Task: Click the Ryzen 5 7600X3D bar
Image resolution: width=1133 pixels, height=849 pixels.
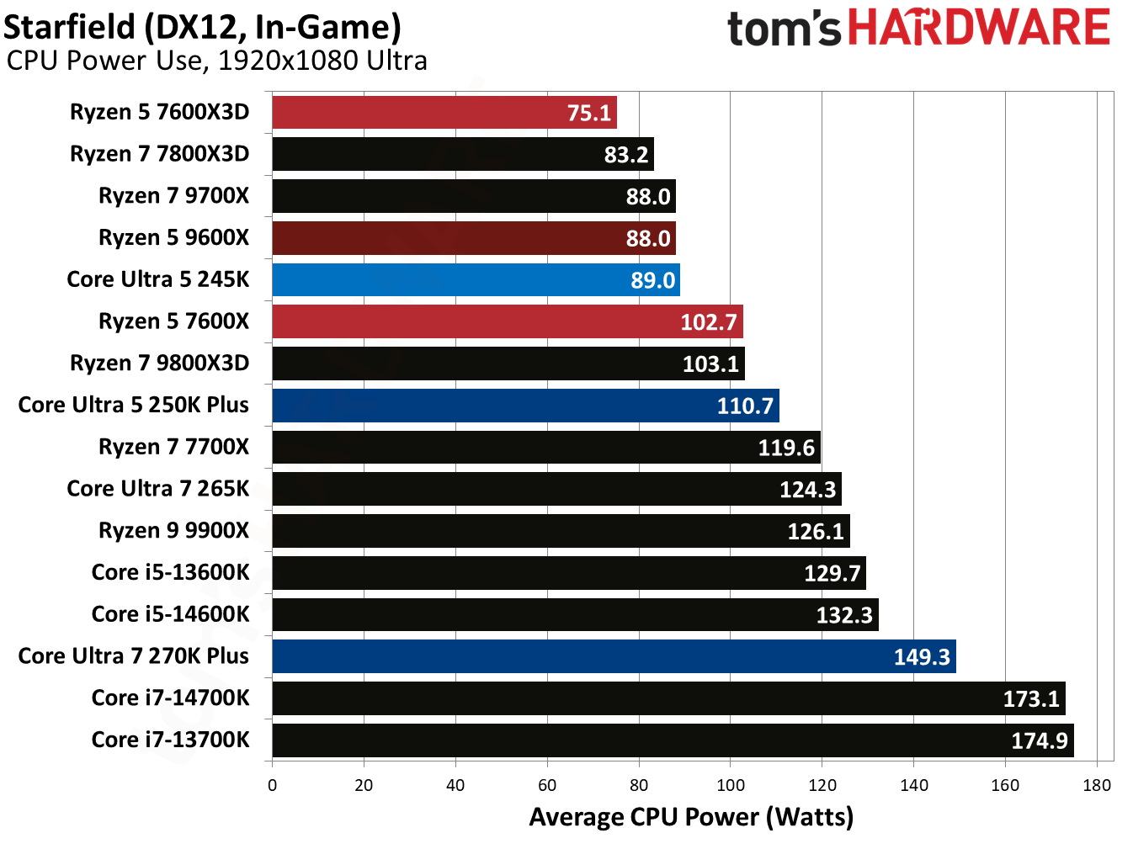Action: coord(444,112)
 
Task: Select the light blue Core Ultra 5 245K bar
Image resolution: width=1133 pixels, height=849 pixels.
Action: coord(476,279)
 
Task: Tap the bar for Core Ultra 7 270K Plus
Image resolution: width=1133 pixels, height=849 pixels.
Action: coord(614,656)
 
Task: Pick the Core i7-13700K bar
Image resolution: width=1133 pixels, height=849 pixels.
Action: coord(673,740)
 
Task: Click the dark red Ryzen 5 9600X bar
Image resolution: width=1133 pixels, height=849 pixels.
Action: coord(473,238)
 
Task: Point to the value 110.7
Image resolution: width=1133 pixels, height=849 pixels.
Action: coord(744,406)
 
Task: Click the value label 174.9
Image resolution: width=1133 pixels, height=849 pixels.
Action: coord(1039,741)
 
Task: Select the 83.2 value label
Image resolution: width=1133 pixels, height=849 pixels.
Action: coord(626,155)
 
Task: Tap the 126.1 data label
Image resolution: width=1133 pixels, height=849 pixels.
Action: coord(815,532)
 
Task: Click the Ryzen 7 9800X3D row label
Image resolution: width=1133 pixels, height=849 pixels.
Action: coord(159,363)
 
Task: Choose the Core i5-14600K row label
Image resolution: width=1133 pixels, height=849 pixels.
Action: coord(170,614)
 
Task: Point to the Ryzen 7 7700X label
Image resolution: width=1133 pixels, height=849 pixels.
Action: coord(173,447)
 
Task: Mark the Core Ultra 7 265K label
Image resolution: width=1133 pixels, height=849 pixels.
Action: coord(158,489)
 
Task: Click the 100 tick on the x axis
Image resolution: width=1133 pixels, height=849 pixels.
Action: coord(730,786)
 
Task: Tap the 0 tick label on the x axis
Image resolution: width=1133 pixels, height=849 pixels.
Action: coord(272,786)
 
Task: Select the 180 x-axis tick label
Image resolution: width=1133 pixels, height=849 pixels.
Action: coord(1097,786)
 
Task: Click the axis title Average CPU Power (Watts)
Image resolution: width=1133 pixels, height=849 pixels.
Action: coord(691,817)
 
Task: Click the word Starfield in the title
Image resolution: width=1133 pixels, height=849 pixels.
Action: coord(69,27)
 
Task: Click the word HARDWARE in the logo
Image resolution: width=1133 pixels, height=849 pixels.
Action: coord(979,28)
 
